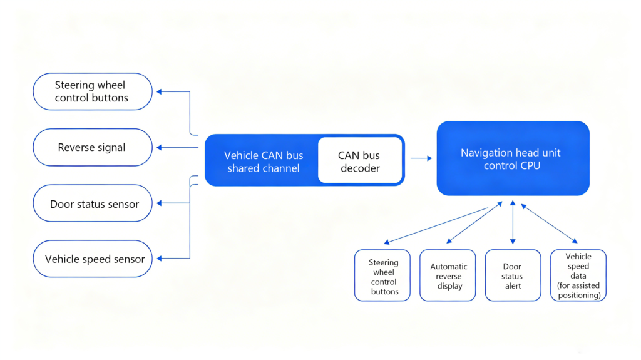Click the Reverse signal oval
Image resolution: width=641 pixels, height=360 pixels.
[93, 147]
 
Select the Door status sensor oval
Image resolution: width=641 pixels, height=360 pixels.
[93, 203]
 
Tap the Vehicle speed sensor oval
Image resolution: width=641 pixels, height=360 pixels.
[93, 259]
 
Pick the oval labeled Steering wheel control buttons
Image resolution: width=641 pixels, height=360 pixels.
[93, 91]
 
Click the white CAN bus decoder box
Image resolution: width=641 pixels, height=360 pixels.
[360, 160]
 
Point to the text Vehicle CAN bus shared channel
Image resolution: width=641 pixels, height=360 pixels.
[264, 162]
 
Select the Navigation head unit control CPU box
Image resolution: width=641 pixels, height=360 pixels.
[513, 158]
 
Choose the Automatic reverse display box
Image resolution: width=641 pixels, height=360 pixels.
[448, 275]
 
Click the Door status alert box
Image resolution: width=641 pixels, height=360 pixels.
[513, 275]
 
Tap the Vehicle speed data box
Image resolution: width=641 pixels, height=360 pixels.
[578, 275]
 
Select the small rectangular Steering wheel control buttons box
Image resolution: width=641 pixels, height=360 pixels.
[382, 275]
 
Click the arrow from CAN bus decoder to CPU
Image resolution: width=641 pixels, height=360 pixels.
[421, 158]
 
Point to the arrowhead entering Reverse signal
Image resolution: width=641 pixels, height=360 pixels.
[160, 147]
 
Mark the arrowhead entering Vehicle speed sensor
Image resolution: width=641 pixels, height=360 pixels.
[160, 258]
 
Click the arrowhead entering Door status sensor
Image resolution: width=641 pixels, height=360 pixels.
[160, 203]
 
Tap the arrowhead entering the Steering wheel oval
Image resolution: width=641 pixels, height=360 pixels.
[160, 91]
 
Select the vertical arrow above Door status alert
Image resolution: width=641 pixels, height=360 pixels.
[513, 222]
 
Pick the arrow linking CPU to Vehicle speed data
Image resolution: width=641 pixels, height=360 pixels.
[549, 224]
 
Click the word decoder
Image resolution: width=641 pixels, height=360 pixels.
[360, 168]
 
